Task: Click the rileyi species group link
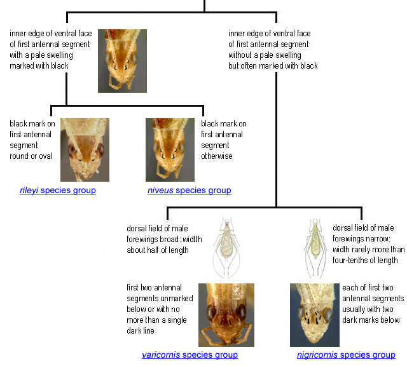click(57, 191)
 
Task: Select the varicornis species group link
click(190, 355)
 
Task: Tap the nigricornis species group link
click(346, 355)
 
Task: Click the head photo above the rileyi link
click(85, 150)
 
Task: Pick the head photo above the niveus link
click(170, 150)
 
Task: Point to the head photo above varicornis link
click(226, 315)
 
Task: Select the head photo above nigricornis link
click(314, 315)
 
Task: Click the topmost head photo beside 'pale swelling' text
click(122, 60)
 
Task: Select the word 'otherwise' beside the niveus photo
click(218, 156)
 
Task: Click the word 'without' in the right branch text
click(242, 55)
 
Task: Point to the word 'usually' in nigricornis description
click(355, 309)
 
